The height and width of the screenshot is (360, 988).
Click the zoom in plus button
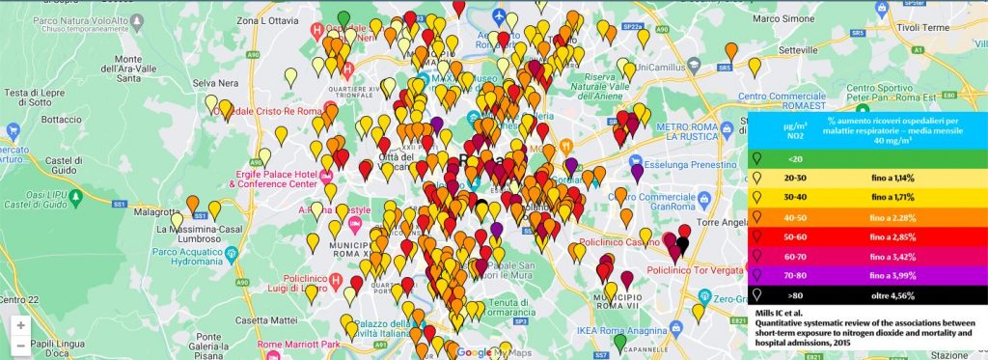20,325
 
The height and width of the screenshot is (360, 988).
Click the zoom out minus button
20,346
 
